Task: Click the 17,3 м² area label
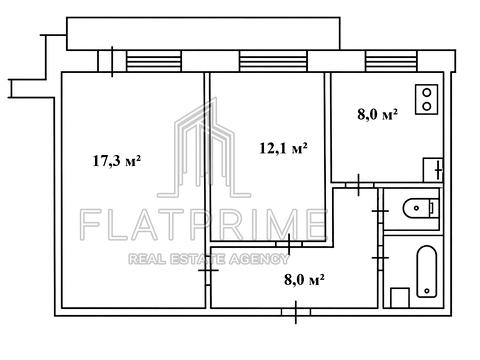[x=116, y=161]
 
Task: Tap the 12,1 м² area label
[x=283, y=148]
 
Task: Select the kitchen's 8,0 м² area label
[x=377, y=114]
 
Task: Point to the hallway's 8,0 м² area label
[x=304, y=280]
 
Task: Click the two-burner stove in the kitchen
[x=426, y=99]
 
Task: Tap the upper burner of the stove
[x=426, y=92]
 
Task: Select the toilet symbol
[x=420, y=208]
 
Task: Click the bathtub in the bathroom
[x=427, y=272]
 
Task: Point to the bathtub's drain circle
[x=427, y=291]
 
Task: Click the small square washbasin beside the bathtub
[x=400, y=298]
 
